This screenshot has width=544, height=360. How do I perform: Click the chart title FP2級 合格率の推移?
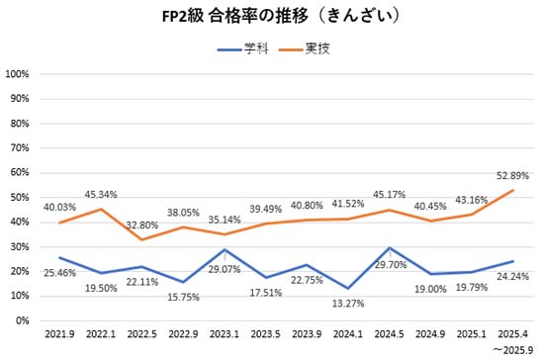click(x=272, y=18)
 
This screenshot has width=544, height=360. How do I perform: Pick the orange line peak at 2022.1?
click(x=101, y=209)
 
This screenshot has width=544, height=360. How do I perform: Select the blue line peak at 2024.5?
click(x=391, y=247)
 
